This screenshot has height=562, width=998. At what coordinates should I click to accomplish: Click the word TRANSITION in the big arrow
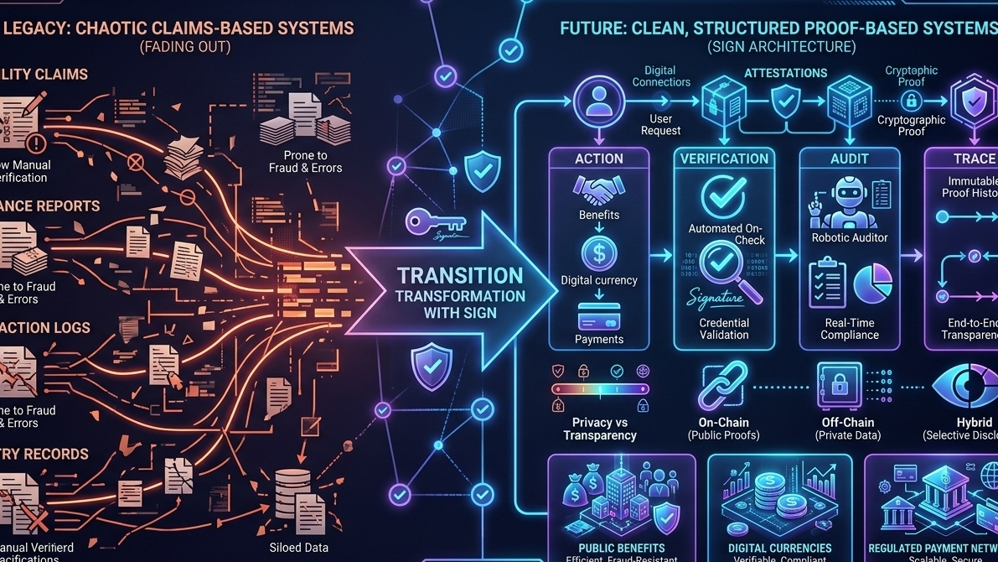[x=459, y=276]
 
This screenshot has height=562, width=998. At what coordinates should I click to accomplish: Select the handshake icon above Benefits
[x=598, y=190]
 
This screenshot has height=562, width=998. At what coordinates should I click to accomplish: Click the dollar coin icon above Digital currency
[x=598, y=252]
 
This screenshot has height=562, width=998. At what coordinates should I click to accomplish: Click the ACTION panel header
[x=598, y=159]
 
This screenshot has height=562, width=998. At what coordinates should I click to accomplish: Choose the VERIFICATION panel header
[x=724, y=159]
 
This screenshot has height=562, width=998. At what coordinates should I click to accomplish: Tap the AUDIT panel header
[x=849, y=159]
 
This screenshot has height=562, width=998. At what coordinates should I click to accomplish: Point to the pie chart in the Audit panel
[x=872, y=284]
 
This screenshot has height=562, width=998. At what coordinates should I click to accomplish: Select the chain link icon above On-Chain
[x=723, y=385]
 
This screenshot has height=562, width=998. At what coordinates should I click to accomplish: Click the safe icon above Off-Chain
[x=840, y=387]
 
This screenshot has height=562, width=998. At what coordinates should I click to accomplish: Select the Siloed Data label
[x=298, y=548]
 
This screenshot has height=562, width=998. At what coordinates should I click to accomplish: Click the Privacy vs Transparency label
[x=599, y=429]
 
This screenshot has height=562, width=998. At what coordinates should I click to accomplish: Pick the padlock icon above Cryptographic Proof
[x=911, y=101]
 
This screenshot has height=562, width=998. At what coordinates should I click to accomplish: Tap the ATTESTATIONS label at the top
[x=785, y=74]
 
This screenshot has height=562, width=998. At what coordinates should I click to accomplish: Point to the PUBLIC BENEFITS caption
[x=621, y=548]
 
